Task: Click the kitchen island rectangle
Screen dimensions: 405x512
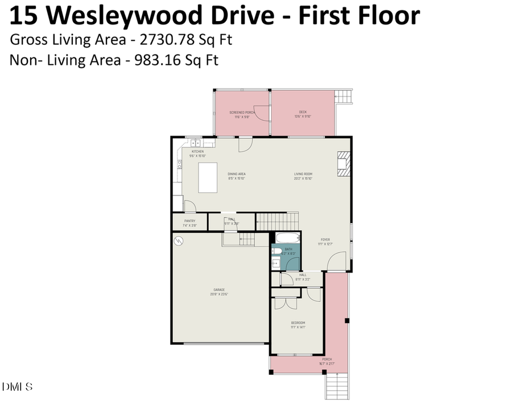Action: [208, 178]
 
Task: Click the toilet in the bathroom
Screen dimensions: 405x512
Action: [276, 250]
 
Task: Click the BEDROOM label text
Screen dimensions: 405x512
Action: [298, 323]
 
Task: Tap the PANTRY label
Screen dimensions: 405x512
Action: [189, 221]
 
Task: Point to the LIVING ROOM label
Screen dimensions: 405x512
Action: [303, 174]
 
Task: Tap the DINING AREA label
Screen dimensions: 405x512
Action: [236, 174]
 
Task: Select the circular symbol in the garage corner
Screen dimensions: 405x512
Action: [179, 241]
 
